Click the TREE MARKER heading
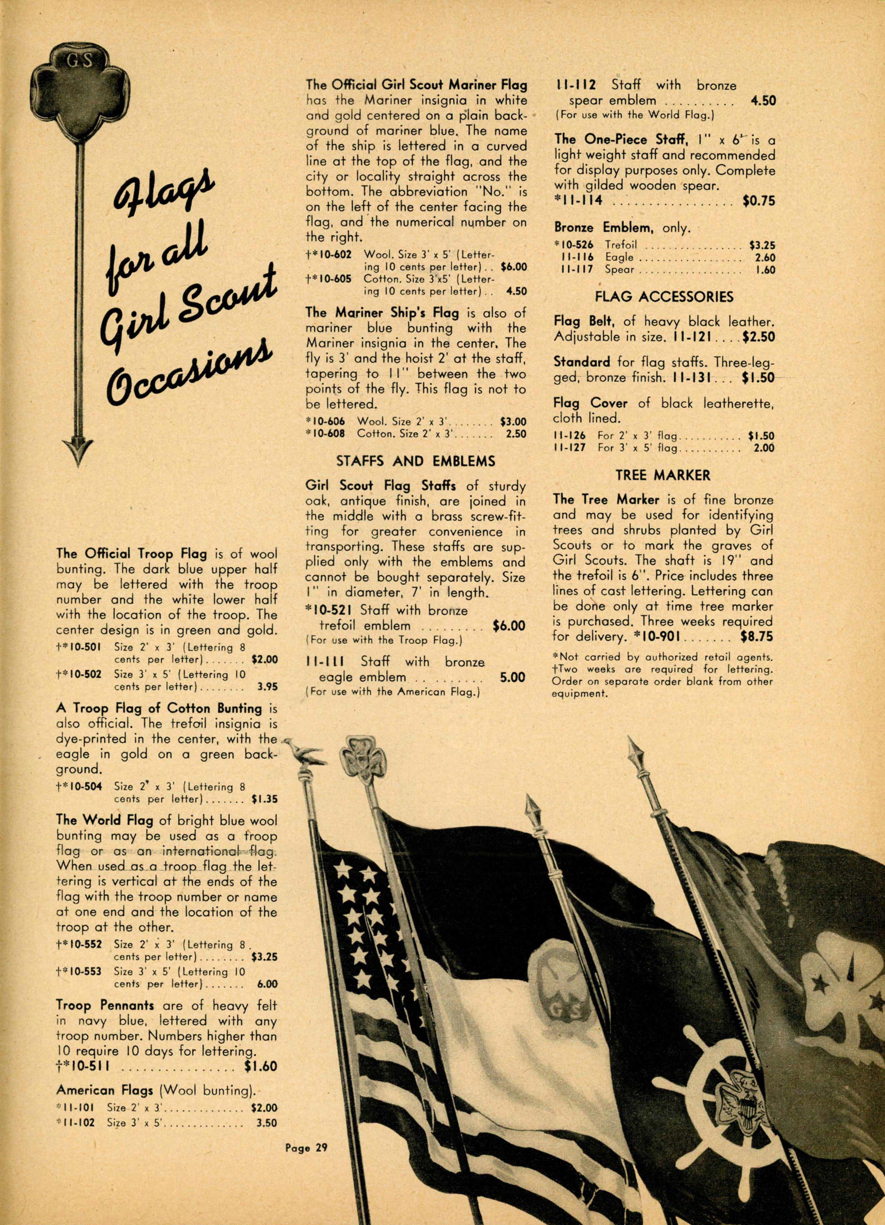662,475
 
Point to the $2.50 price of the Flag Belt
759,337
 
